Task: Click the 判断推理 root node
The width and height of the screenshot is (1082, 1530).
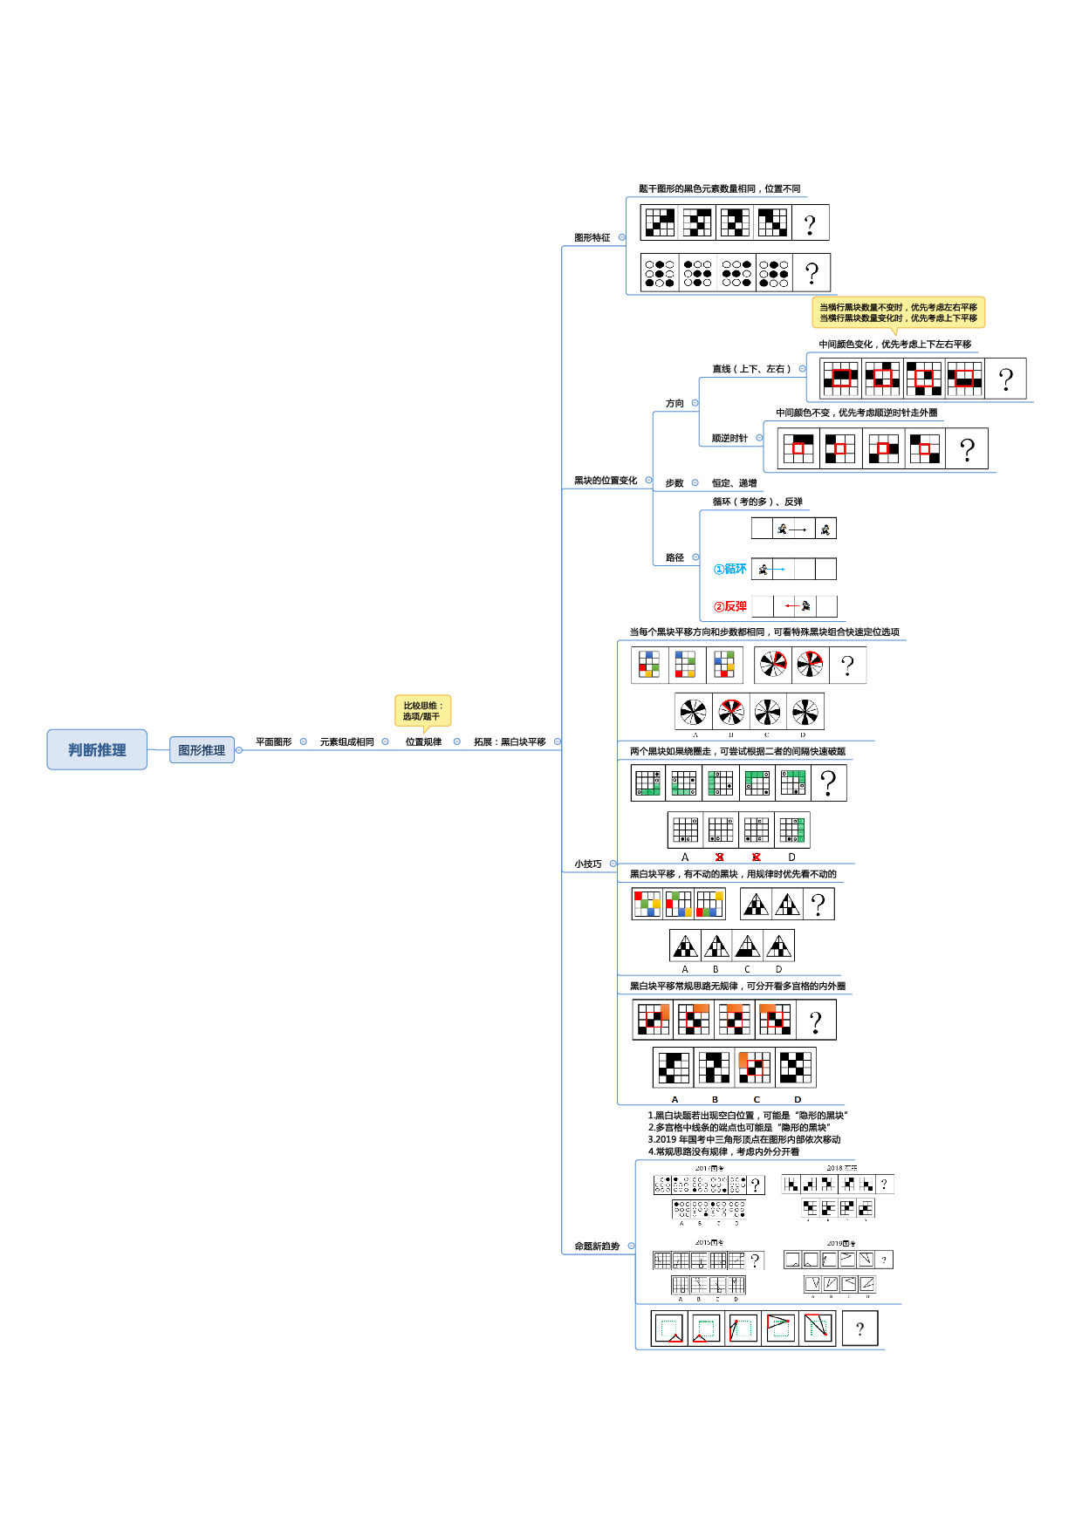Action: (x=97, y=750)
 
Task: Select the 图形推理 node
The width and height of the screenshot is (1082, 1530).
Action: (x=202, y=750)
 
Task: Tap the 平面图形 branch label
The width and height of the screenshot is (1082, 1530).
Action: (x=273, y=742)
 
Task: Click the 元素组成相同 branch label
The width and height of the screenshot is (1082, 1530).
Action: (x=346, y=742)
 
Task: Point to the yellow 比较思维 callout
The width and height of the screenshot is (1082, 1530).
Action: (x=422, y=711)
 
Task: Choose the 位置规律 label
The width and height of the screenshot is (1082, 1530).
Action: (x=423, y=742)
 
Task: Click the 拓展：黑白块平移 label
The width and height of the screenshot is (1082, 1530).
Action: (x=510, y=742)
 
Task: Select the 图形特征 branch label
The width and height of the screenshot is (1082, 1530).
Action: (x=592, y=238)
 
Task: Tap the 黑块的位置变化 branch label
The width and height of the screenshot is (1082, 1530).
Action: (x=606, y=481)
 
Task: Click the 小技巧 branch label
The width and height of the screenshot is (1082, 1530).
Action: (x=587, y=864)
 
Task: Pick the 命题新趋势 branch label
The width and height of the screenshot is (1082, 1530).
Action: (x=597, y=1247)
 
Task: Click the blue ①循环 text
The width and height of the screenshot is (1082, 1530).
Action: (x=730, y=570)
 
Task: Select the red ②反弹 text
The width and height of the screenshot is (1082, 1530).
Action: (x=730, y=607)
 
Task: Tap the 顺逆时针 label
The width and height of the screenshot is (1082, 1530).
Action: (x=729, y=439)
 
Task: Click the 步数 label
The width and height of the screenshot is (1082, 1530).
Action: (x=675, y=483)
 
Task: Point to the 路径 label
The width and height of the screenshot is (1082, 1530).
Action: (x=675, y=557)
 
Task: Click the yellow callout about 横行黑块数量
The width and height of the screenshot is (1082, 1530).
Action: (x=898, y=312)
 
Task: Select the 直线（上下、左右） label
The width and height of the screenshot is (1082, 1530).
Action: (x=752, y=369)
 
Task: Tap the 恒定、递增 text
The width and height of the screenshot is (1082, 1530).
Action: (x=734, y=483)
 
